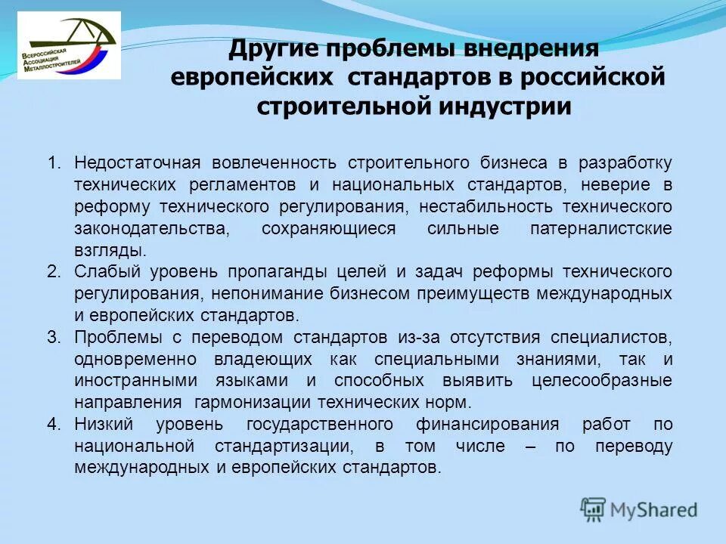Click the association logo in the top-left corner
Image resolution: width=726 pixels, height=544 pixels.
[69, 45]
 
